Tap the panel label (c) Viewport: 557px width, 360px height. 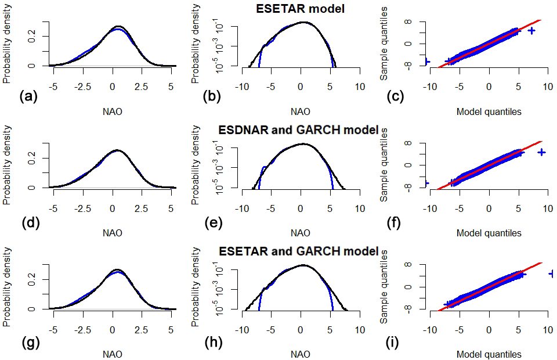397,96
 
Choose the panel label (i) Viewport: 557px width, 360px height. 397,340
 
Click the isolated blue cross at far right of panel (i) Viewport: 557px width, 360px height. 552,273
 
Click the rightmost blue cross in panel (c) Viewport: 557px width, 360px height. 531,30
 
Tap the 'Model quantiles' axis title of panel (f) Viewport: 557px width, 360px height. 489,233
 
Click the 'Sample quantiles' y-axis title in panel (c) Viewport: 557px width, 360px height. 384,44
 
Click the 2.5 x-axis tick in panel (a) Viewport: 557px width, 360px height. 142,87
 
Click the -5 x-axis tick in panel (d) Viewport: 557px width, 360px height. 53,208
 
